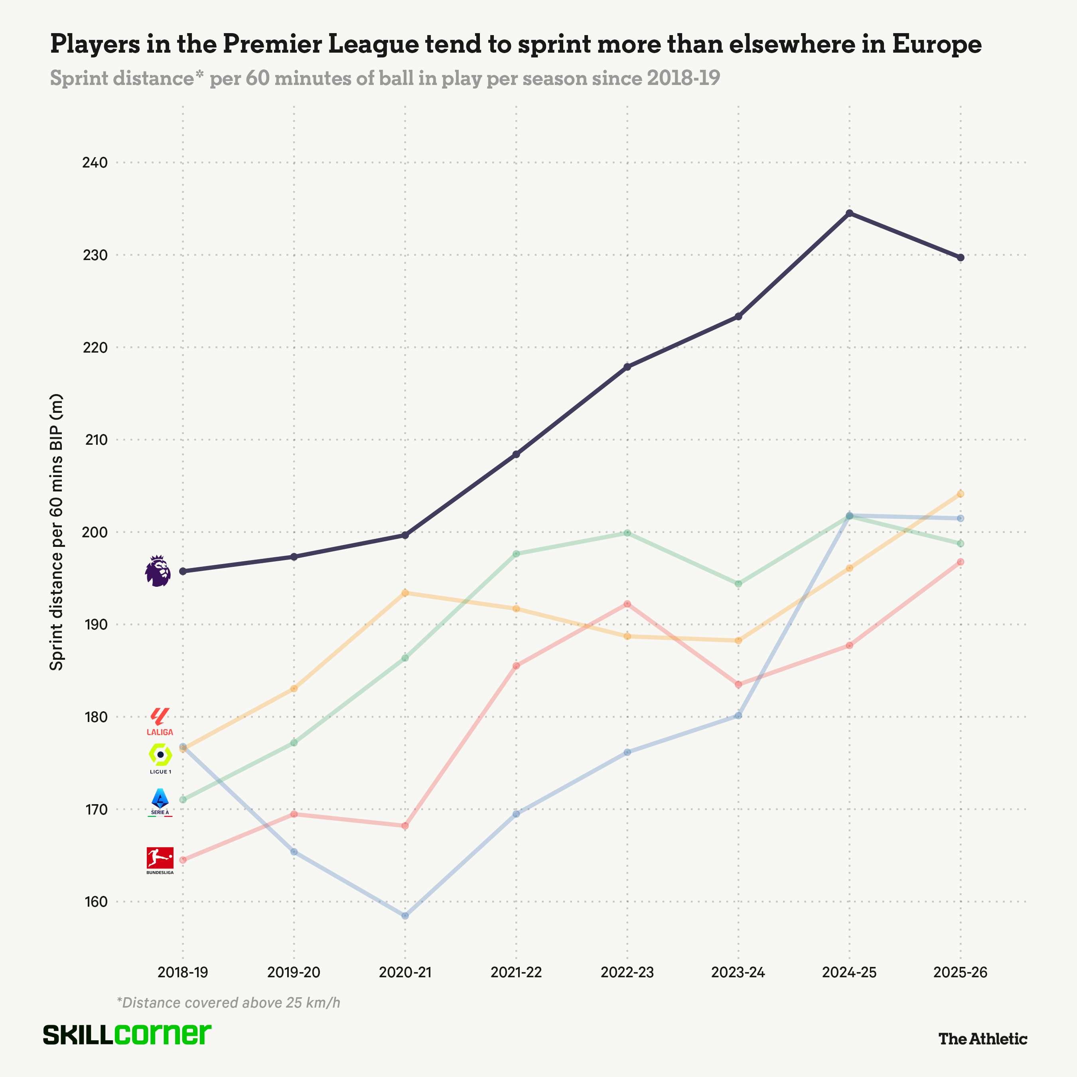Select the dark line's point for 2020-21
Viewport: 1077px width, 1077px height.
click(x=405, y=535)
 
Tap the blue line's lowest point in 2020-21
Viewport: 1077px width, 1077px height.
click(x=405, y=915)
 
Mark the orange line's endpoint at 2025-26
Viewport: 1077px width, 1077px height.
click(x=961, y=494)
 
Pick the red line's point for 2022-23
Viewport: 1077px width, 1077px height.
click(x=627, y=604)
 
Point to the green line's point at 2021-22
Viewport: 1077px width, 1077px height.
click(x=516, y=554)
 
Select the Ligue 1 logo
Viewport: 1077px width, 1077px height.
click(x=160, y=758)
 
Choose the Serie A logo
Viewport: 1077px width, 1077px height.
click(x=160, y=802)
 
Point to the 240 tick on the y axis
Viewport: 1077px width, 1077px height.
click(x=95, y=163)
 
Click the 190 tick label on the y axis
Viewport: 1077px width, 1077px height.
click(x=95, y=624)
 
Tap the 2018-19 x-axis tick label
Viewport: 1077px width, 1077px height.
click(x=183, y=973)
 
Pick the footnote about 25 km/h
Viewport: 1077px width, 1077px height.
click(x=229, y=1003)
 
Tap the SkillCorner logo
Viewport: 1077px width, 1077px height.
click(x=127, y=1035)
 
